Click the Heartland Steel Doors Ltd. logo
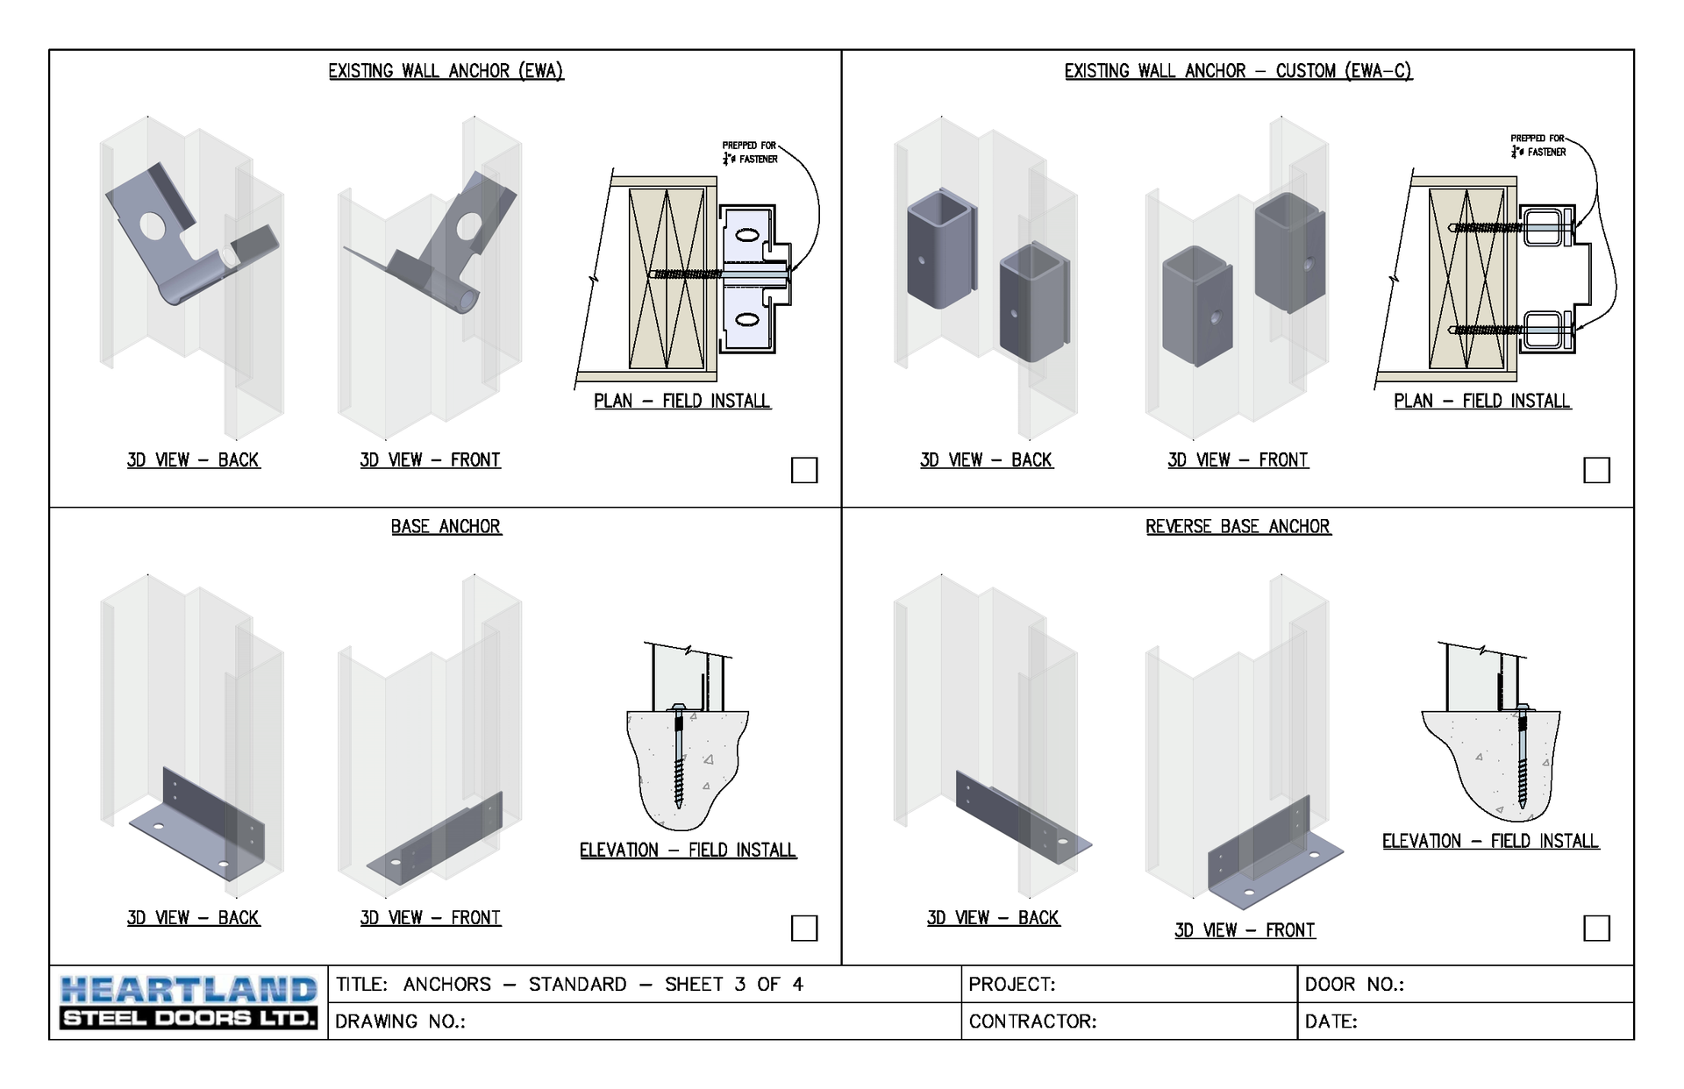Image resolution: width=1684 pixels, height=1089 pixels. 189,1002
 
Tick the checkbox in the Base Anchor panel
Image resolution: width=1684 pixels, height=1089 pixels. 804,928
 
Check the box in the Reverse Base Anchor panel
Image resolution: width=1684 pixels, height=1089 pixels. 1596,928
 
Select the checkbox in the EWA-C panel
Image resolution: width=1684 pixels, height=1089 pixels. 1596,470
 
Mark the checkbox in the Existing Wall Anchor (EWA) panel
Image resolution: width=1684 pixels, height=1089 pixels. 804,470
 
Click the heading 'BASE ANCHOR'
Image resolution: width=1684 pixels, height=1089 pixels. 446,526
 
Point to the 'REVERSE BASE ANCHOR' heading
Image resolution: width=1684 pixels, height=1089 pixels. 1238,526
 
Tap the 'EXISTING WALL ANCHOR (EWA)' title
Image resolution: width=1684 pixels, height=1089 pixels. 446,71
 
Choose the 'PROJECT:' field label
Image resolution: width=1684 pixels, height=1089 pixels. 1012,985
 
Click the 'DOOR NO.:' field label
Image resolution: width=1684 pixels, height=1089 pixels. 1354,985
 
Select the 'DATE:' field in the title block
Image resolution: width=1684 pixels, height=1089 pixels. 1331,1021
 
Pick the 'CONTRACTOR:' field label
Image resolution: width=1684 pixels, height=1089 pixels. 1033,1021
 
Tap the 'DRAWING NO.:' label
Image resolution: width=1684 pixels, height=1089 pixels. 400,1021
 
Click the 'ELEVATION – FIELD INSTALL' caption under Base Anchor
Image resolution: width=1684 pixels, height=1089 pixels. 689,850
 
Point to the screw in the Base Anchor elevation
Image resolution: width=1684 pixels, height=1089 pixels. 679,756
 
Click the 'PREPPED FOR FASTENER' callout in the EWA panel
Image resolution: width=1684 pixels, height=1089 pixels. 750,153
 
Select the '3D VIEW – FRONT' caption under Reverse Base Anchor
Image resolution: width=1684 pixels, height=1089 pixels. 1245,930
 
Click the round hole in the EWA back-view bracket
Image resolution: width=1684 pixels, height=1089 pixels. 153,226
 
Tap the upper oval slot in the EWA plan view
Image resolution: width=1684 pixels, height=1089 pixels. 746,235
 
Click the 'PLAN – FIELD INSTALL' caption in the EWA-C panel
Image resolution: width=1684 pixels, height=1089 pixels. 1482,401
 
